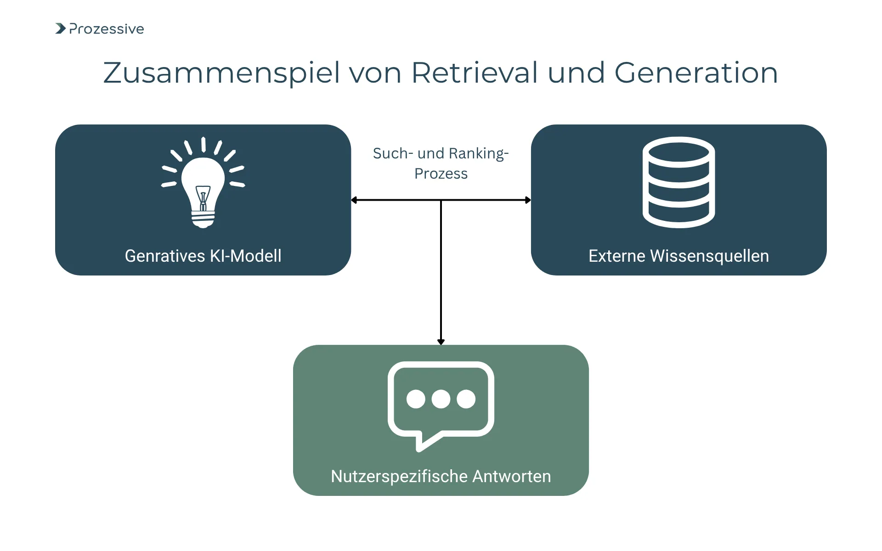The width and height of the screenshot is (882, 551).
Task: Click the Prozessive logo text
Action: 106,29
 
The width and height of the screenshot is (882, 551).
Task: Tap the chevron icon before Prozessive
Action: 60,28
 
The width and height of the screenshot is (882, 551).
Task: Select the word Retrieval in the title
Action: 475,73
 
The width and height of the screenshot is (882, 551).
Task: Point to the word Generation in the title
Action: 696,73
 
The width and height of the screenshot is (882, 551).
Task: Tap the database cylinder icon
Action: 678,182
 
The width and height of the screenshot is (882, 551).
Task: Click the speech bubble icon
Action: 441,404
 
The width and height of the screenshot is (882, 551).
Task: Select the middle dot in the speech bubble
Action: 441,399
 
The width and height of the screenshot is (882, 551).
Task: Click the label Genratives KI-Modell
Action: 203,256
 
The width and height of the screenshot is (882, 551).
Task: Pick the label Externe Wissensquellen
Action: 678,256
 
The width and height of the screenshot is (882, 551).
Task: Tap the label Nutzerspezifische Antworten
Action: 441,476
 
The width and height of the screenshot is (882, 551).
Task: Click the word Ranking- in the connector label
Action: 478,153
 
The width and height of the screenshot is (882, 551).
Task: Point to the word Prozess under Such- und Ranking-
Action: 441,174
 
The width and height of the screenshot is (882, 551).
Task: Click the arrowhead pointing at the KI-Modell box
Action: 354,200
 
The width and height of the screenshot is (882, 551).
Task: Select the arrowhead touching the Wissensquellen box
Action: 528,200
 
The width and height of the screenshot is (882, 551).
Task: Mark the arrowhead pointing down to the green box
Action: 441,342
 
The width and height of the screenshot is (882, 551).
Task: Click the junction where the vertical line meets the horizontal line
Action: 441,200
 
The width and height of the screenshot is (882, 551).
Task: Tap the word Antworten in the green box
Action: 511,476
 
